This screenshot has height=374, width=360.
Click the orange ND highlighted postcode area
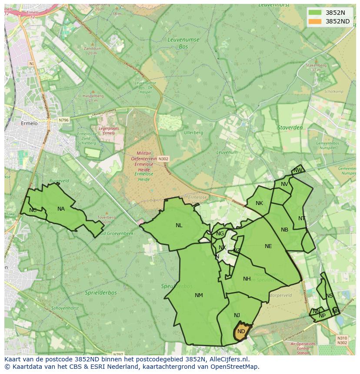(241, 331)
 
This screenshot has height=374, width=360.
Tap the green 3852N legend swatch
(315, 13)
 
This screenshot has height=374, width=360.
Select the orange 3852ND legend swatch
(315, 21)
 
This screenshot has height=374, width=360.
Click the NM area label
(199, 295)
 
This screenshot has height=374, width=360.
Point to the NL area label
(179, 225)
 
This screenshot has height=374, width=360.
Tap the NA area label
(61, 209)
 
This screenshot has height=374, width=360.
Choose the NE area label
(268, 246)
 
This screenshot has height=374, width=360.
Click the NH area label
(247, 279)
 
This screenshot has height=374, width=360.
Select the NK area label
(259, 203)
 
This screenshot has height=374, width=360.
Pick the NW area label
(297, 170)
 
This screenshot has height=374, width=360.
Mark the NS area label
(329, 296)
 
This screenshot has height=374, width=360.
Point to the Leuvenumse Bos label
(184, 42)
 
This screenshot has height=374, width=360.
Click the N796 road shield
(63, 120)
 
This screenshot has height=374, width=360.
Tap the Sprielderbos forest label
(101, 293)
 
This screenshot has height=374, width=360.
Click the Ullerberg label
(193, 132)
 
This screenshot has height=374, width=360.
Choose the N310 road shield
(342, 338)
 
